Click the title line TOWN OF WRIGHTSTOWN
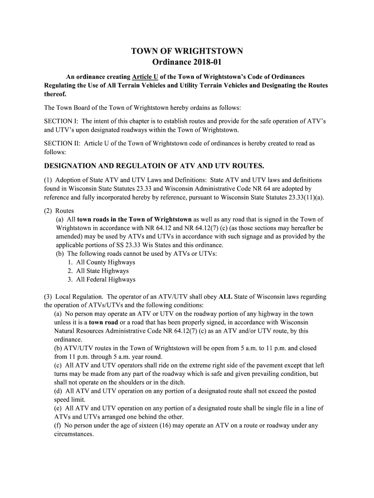pyautogui.click(x=187, y=52)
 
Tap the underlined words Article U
pyautogui.click(x=145, y=77)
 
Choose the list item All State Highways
pyautogui.click(x=102, y=271)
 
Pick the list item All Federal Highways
pyautogui.click(x=106, y=280)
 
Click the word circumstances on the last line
pyautogui.click(x=73, y=434)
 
